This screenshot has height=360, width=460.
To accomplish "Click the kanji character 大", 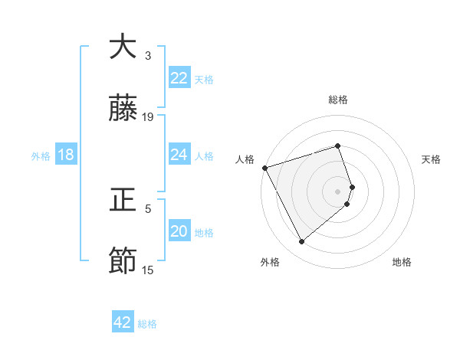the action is (123, 47).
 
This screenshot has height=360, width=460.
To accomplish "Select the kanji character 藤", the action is (123, 110).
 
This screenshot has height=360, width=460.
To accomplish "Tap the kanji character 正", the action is (123, 201).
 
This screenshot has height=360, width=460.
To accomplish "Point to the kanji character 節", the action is (123, 262).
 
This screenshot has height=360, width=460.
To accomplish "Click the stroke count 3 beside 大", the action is (148, 56).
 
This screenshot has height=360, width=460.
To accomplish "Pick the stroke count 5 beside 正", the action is (148, 208).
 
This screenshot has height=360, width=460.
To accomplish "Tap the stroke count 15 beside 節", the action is (148, 270).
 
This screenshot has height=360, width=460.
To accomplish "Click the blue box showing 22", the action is (179, 78).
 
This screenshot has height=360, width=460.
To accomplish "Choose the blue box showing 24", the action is (179, 155).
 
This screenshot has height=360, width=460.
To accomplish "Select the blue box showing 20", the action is (179, 231).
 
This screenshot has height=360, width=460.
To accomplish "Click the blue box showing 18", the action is (66, 155).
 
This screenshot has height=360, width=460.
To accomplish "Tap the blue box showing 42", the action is (123, 322).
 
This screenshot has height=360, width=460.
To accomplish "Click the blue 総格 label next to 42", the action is (147, 324).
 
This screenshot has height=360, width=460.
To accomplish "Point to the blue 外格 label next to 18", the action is (41, 156).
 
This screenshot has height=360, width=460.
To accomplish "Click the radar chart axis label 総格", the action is (338, 100).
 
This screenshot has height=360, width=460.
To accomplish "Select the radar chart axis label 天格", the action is (432, 159).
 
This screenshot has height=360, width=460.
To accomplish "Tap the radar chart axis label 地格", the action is (402, 262).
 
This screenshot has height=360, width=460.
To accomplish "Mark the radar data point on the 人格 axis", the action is (264, 167).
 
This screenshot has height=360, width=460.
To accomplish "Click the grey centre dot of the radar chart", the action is (338, 191).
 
